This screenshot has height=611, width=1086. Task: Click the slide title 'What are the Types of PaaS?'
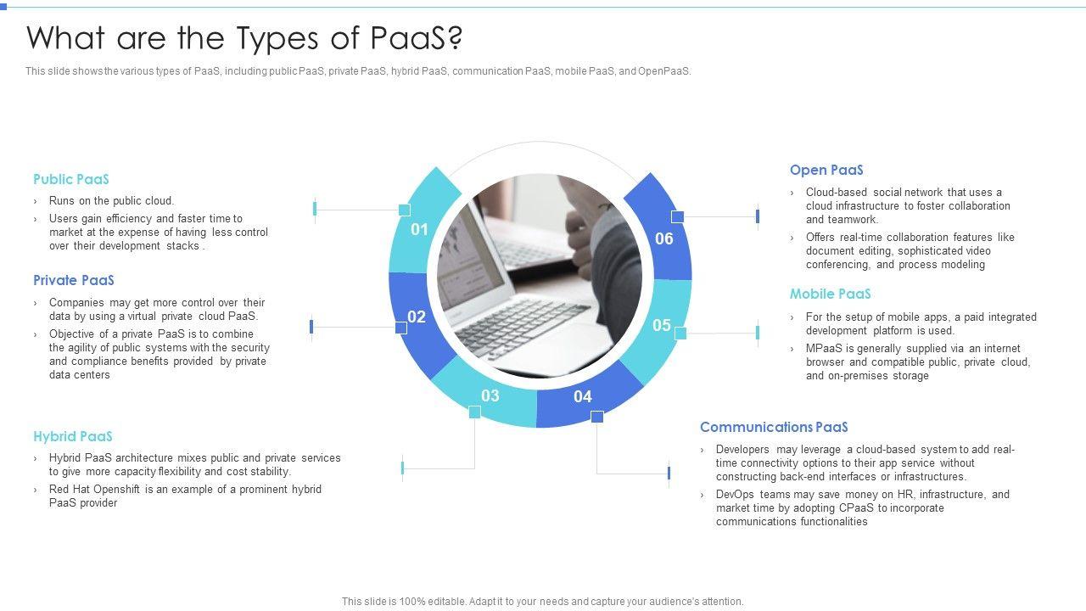tap(245, 38)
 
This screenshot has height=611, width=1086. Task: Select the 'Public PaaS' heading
tap(71, 179)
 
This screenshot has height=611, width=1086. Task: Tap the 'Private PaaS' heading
tap(74, 280)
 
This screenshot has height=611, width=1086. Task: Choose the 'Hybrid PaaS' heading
tap(73, 436)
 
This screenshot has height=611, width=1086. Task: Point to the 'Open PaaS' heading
tap(826, 170)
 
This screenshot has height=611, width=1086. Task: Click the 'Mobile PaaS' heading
tap(831, 294)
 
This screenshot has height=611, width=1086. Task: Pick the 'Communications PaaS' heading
tap(774, 427)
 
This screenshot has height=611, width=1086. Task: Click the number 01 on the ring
tap(419, 229)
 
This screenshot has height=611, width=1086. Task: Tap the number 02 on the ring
tap(417, 317)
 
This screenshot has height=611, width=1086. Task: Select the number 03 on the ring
tap(490, 395)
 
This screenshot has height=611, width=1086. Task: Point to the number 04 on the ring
tap(583, 396)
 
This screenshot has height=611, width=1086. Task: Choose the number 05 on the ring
tap(662, 325)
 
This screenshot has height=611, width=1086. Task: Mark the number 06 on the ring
tap(664, 238)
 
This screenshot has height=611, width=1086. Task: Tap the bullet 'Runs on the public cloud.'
tap(111, 201)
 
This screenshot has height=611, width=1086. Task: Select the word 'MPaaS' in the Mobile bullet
tap(822, 349)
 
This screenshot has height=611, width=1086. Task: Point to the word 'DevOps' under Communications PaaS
tap(734, 495)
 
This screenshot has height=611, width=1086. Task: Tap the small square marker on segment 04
tap(597, 417)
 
